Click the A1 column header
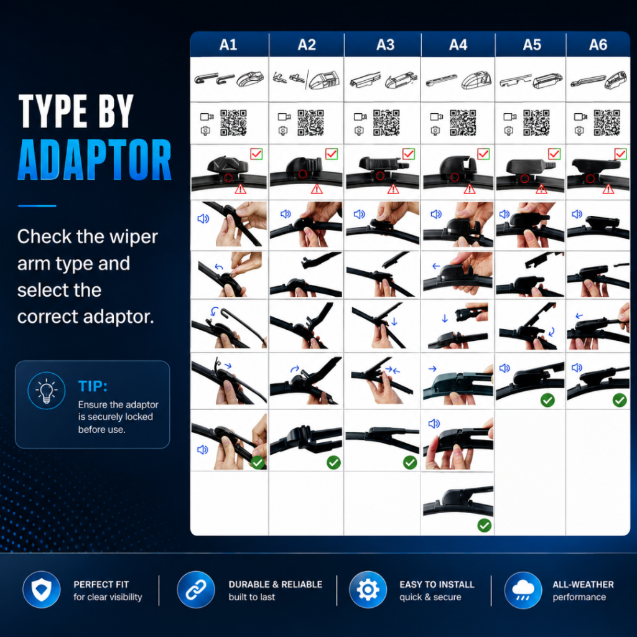click(x=228, y=45)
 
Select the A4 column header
click(x=458, y=45)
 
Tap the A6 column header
click(x=598, y=45)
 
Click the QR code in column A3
click(x=386, y=123)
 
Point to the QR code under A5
click(x=536, y=123)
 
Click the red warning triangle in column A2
click(x=317, y=189)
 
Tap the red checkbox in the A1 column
click(x=256, y=154)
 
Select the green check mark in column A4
click(x=484, y=525)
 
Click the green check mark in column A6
click(x=619, y=400)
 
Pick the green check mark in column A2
click(x=333, y=462)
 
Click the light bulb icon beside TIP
click(x=46, y=391)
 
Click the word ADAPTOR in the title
click(x=95, y=160)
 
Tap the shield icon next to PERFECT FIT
click(x=42, y=590)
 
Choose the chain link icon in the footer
click(x=196, y=590)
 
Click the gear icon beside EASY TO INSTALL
click(x=368, y=590)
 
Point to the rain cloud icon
click(x=523, y=590)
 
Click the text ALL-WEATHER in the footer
click(x=583, y=585)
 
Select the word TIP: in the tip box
click(x=93, y=386)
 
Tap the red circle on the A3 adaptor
click(x=380, y=176)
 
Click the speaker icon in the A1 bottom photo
click(x=202, y=450)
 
